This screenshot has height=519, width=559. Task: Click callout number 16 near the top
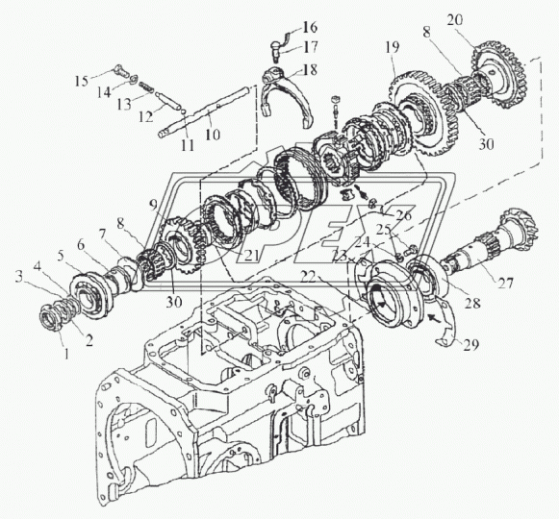[310, 27]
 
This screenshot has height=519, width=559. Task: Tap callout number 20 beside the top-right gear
[455, 20]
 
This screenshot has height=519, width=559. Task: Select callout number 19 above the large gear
[392, 47]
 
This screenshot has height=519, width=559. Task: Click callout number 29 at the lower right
[470, 344]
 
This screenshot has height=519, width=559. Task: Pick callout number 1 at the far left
[66, 354]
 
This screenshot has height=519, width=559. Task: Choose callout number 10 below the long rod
[213, 135]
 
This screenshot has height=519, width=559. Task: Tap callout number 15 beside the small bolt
[81, 81]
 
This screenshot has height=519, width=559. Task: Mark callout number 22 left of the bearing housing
[308, 277]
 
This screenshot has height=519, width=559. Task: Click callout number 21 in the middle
[250, 256]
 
